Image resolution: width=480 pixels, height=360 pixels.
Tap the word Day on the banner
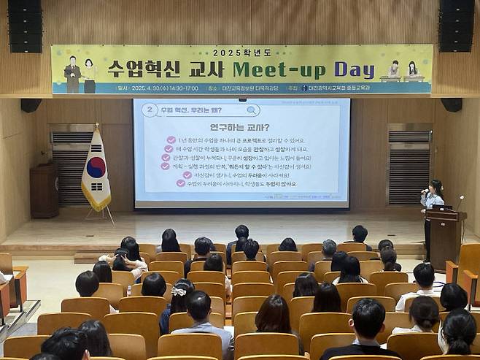pyautogui.click(x=354, y=69)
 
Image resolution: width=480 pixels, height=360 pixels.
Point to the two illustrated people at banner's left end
pyautogui.click(x=80, y=74)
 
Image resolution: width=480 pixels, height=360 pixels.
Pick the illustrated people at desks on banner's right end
pyautogui.click(x=402, y=71)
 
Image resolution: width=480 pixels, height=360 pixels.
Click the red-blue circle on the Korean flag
pyautogui.click(x=96, y=168)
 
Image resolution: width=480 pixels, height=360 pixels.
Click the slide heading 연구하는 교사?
pyautogui.click(x=239, y=127)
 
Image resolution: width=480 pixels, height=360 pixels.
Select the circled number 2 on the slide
pyautogui.click(x=150, y=110)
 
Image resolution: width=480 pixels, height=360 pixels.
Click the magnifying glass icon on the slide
pyautogui.click(x=251, y=110)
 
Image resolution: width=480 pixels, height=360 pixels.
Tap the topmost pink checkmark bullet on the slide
pyautogui.click(x=171, y=140)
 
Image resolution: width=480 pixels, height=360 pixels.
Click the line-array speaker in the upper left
pyautogui.click(x=25, y=26)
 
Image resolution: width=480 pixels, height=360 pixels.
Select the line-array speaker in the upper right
pyautogui.click(x=457, y=26)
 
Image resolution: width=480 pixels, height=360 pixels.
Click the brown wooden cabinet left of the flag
pyautogui.click(x=44, y=190)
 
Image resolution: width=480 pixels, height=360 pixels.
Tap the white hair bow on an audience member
pyautogui.click(x=179, y=291)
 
